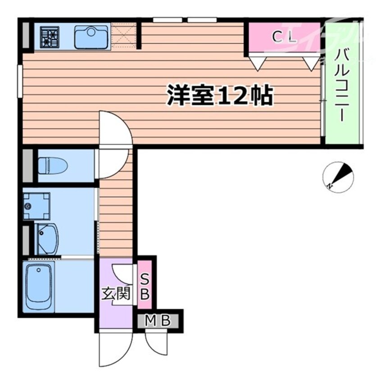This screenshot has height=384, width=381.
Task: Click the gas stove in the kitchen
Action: pyautogui.click(x=50, y=36)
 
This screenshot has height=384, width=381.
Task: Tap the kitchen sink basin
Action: pyautogui.click(x=91, y=37)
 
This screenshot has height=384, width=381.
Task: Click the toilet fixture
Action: pyautogui.click(x=52, y=165)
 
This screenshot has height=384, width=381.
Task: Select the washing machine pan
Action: pyautogui.click(x=36, y=206)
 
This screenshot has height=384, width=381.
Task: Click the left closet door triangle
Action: pyautogui.click(x=256, y=63)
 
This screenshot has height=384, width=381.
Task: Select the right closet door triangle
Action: pyautogui.click(x=310, y=63)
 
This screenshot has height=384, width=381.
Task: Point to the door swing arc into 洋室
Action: pyautogui.click(x=115, y=128)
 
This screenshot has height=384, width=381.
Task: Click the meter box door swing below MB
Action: pyautogui.click(x=156, y=345)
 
